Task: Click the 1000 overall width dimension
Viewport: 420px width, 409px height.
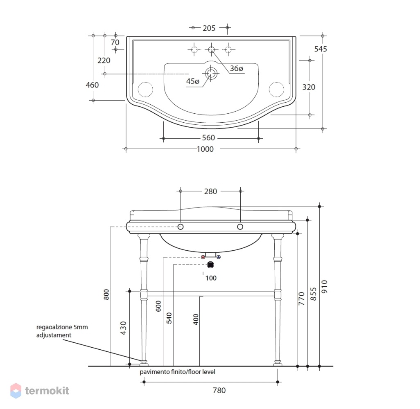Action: [x=205, y=149]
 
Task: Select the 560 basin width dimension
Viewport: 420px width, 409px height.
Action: [x=208, y=138]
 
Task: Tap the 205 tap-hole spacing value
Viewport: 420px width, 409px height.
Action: [x=209, y=28]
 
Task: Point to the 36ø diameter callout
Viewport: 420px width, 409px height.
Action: [x=237, y=69]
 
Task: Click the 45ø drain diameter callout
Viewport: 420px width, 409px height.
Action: [x=193, y=81]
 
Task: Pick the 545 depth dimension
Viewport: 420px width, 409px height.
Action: [x=321, y=49]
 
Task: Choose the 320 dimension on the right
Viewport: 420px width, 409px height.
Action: [x=309, y=87]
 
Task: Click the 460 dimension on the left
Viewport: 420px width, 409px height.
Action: [x=92, y=85]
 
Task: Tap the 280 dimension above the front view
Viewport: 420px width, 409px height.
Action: [x=210, y=192]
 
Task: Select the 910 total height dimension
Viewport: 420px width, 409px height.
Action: [x=324, y=287]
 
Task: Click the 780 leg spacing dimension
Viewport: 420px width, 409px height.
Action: [x=219, y=391]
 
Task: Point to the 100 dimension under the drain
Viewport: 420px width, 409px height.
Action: [x=211, y=278]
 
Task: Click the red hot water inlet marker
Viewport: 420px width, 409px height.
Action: [x=203, y=257]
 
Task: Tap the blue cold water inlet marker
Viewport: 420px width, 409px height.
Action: [x=219, y=257]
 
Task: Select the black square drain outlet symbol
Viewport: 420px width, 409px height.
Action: [x=211, y=265]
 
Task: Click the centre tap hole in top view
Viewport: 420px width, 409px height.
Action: [x=211, y=49]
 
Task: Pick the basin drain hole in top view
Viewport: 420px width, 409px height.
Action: [x=211, y=73]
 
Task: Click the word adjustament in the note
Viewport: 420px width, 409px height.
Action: [x=54, y=335]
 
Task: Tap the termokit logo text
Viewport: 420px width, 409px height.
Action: [x=47, y=391]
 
